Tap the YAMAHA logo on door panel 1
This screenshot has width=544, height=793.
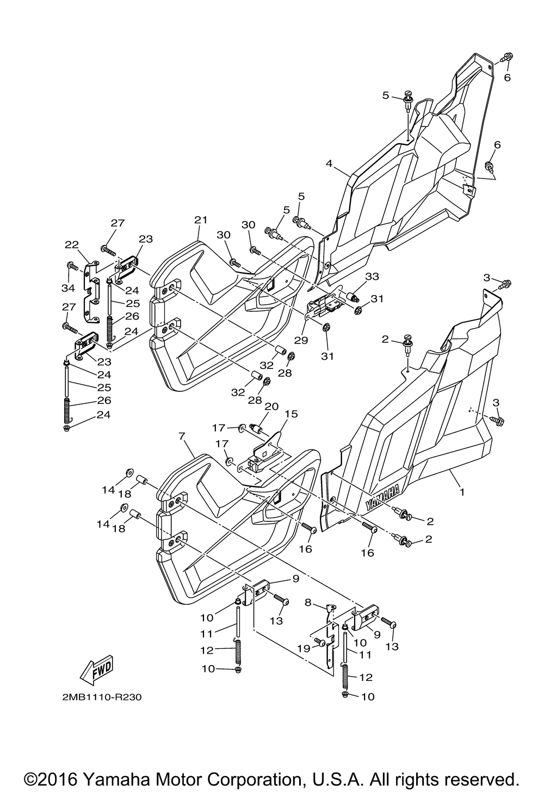click(x=382, y=497)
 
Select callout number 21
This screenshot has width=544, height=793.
click(x=201, y=220)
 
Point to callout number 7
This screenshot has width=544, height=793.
click(x=182, y=437)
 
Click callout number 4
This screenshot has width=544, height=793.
click(x=329, y=164)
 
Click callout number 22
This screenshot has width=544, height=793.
click(x=71, y=244)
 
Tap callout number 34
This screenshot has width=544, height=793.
click(x=69, y=288)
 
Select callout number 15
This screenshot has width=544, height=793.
click(x=293, y=414)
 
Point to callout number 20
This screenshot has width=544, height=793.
click(x=271, y=406)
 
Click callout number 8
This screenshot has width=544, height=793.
click(x=307, y=602)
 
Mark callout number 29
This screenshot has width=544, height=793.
click(x=301, y=340)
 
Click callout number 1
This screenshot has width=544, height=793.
click(x=462, y=491)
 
